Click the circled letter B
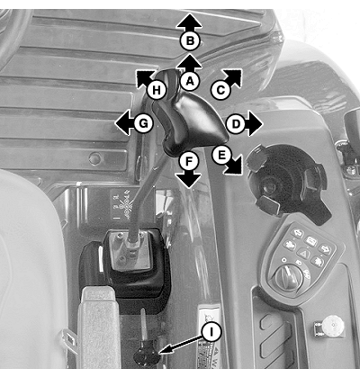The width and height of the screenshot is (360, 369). (x=190, y=40)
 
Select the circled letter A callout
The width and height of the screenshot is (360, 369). (x=190, y=80)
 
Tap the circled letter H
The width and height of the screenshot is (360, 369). (x=157, y=90)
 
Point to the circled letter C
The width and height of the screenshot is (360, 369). (x=220, y=90)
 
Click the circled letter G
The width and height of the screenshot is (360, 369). (x=144, y=123)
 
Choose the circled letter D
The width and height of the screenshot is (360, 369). (x=236, y=123)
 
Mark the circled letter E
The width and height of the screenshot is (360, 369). (x=221, y=155)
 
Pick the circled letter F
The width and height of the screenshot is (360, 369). (x=188, y=162)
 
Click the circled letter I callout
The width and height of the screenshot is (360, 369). (x=211, y=332)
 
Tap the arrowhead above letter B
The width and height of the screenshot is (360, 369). (x=189, y=22)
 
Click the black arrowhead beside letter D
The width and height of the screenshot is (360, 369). (x=255, y=123)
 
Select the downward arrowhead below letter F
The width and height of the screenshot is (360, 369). (x=188, y=179)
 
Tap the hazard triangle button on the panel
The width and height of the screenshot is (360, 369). (x=303, y=254)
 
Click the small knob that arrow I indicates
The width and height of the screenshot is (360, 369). (x=145, y=356)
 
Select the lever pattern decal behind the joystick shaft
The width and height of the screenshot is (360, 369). (x=121, y=204)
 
